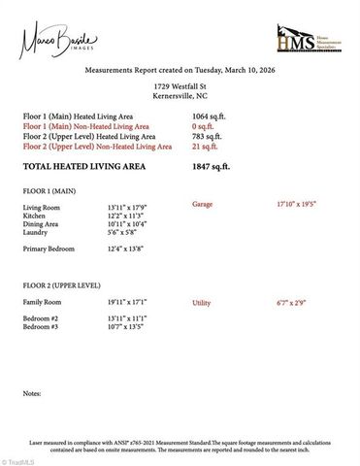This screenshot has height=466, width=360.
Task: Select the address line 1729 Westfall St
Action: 180,87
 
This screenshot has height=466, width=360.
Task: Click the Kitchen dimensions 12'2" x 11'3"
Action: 126,216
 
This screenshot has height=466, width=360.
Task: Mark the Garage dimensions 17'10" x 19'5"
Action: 296,206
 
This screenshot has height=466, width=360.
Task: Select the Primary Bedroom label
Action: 50,250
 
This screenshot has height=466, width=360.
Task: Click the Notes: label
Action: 32,394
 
